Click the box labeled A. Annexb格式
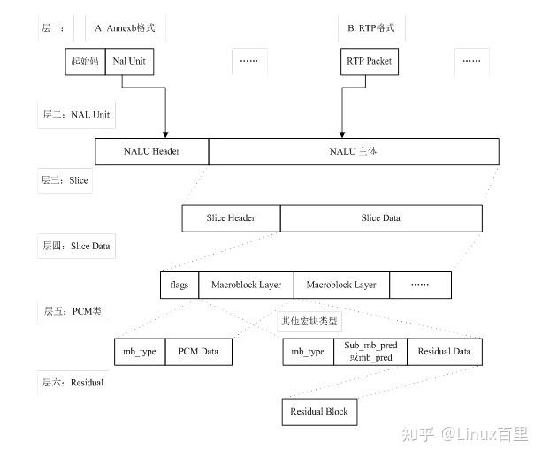[126, 28]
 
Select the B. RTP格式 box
[365, 28]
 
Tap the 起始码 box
[86, 62]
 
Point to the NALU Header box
[151, 151]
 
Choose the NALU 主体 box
[353, 151]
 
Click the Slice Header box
[231, 218]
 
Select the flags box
[179, 285]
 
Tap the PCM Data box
[199, 352]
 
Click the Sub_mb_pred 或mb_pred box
[370, 352]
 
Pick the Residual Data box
[444, 352]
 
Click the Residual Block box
[319, 411]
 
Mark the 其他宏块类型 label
[309, 322]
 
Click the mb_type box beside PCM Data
[140, 352]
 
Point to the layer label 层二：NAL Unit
[76, 115]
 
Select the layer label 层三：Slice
[65, 180]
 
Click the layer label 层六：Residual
[73, 382]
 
